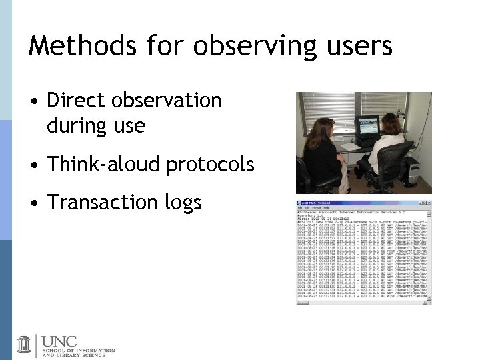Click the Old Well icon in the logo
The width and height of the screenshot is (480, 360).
pyautogui.click(x=24, y=344)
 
